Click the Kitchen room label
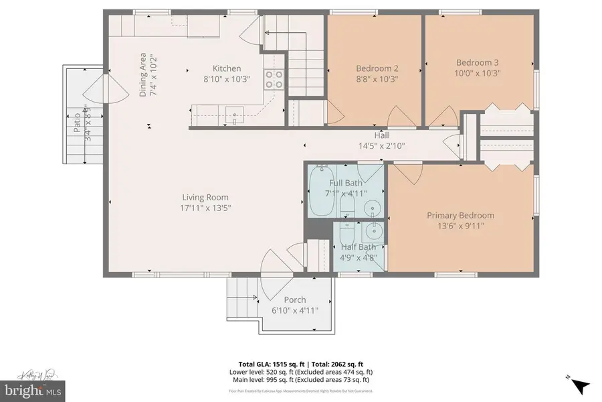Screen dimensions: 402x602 click(227, 68)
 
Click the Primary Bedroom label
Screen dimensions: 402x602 click(460, 215)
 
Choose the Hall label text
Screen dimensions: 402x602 click(381, 135)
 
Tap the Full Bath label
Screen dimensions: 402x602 click(346, 183)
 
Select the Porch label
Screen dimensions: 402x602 click(295, 299)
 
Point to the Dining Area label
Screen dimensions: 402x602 click(143, 74)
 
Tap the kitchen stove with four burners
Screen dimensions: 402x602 click(274, 80)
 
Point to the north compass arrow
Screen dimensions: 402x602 click(579, 386)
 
